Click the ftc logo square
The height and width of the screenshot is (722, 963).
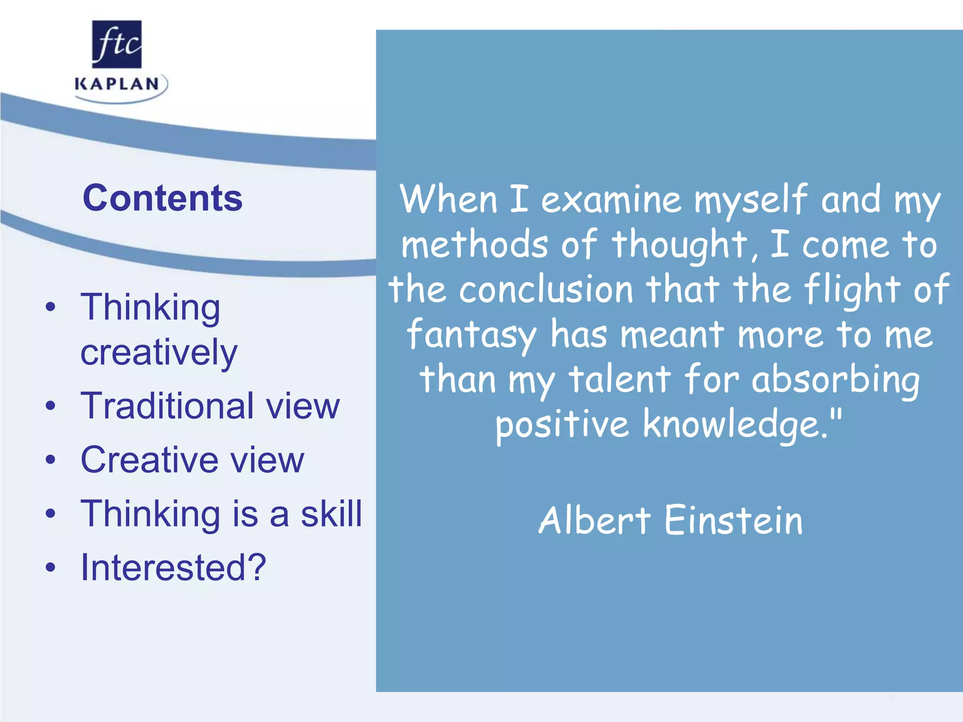click(x=117, y=44)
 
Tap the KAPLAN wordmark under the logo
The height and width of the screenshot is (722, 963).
click(x=117, y=85)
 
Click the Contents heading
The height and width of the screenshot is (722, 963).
click(x=162, y=198)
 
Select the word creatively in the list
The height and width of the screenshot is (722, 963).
click(x=159, y=353)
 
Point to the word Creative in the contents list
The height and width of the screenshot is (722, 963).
click(x=150, y=459)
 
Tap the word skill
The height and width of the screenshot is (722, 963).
click(x=332, y=513)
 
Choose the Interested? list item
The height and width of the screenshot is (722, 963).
click(x=174, y=567)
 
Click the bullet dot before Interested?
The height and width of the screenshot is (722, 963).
click(x=50, y=567)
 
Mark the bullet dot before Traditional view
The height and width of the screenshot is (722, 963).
click(x=50, y=406)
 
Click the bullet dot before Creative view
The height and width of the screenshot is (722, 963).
click(x=50, y=460)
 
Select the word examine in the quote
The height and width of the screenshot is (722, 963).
click(x=611, y=199)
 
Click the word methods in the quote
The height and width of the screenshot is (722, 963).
click(x=474, y=244)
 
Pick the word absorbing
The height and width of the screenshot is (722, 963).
click(x=835, y=380)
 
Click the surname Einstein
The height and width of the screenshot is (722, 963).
click(x=734, y=521)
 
